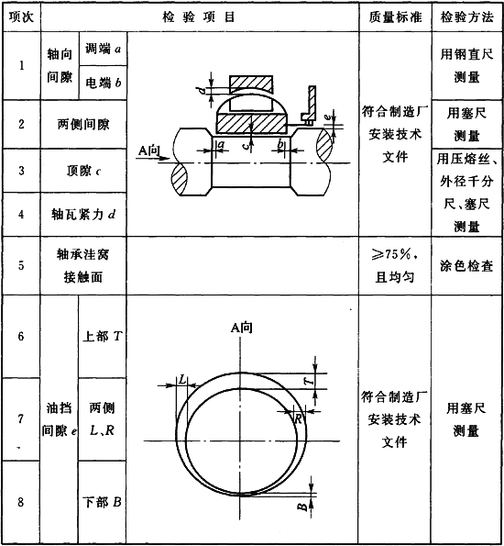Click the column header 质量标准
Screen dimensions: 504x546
pos(395,17)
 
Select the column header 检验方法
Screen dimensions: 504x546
pos(466,17)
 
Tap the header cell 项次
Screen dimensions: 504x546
pos(21,17)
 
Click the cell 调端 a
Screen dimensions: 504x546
pos(103,49)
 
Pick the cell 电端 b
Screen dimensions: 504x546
pos(103,83)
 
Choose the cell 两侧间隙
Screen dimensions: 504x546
pos(83,124)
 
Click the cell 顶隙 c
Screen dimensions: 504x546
pos(83,171)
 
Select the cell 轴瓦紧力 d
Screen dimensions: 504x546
pos(83,214)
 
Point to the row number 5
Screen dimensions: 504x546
pos(21,265)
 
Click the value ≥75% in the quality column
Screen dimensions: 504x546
pos(393,254)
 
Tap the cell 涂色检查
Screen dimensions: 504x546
pos(466,266)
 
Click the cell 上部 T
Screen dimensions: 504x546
pos(103,336)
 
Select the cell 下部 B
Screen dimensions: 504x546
pos(103,502)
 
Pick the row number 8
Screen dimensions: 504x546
pos(21,502)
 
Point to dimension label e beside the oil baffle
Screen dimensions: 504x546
pos(328,117)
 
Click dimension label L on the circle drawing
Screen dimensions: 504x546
pos(182,380)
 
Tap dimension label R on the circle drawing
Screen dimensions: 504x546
pos(298,418)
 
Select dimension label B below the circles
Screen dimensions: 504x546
pos(302,507)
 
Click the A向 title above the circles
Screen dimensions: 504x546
pos(241,328)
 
